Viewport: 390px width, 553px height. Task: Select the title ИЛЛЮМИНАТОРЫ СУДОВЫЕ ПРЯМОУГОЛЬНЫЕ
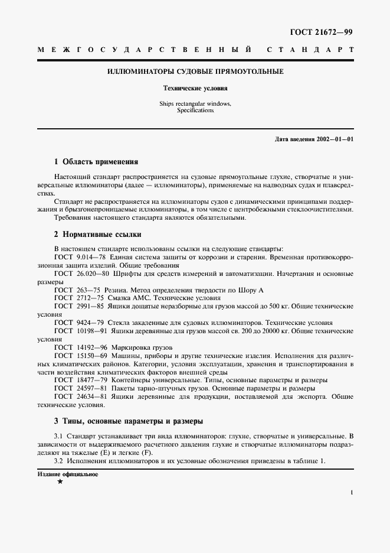tap(195, 71)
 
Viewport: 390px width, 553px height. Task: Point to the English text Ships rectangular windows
tap(195, 103)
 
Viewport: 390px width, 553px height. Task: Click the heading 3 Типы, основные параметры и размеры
tap(128, 422)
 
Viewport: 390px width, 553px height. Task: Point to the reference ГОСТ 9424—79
tap(79, 323)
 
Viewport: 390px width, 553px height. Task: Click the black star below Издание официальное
tap(60, 482)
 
